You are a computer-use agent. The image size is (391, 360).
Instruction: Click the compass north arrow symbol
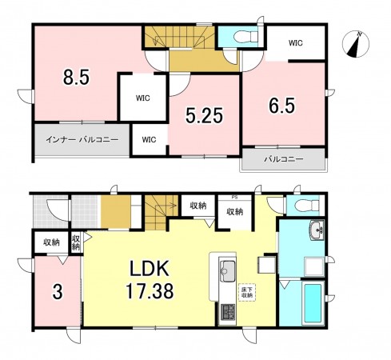click(356, 44)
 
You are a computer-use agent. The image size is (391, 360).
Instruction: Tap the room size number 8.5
click(76, 77)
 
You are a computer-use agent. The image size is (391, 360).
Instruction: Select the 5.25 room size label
click(204, 116)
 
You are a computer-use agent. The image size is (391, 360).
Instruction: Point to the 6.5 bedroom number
click(282, 106)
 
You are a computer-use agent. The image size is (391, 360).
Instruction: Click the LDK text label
click(150, 269)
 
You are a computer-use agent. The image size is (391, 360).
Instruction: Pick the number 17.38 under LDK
click(150, 291)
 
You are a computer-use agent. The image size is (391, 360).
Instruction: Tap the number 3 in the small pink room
click(58, 292)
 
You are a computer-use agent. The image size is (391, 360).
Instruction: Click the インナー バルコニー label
click(82, 139)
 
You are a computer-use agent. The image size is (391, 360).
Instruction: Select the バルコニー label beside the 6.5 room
click(284, 159)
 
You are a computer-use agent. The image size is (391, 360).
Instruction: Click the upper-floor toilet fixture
click(245, 37)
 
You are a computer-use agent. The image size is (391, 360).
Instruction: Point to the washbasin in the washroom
click(317, 230)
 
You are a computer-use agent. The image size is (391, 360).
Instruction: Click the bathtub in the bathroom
click(313, 303)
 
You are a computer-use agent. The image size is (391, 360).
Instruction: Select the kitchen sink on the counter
click(227, 270)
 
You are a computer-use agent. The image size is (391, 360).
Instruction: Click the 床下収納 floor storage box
click(247, 292)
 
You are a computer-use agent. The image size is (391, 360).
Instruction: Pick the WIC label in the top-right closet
click(296, 42)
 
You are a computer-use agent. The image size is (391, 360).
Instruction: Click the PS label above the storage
click(234, 198)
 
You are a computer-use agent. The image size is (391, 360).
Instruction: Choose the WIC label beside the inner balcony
click(149, 139)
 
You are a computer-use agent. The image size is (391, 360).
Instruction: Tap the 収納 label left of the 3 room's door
click(51, 242)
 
